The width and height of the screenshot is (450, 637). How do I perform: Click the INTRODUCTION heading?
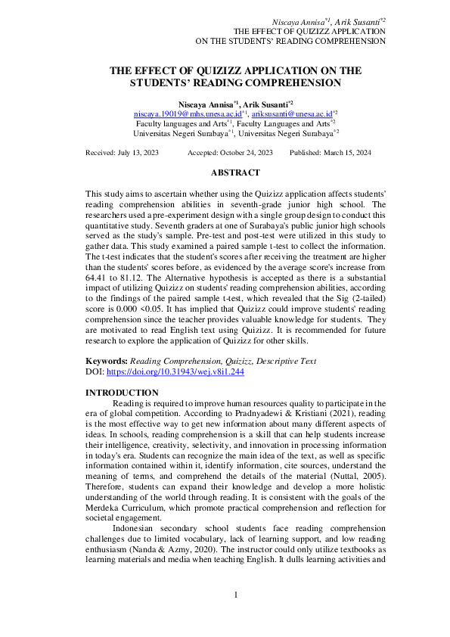click(122, 393)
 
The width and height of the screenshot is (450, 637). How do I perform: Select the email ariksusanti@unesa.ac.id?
click(291, 112)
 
